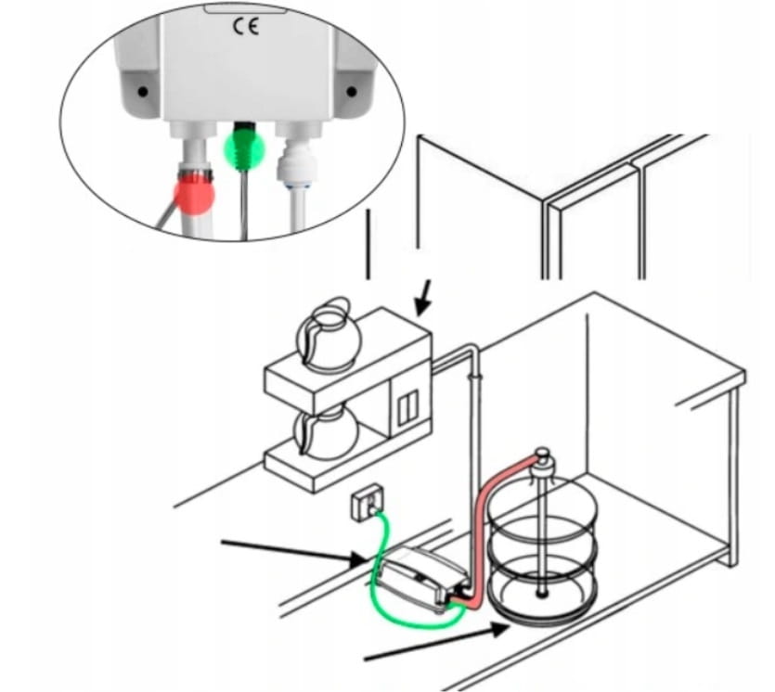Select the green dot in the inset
[x=245, y=147]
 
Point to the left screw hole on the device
[x=142, y=92]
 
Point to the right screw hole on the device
[x=352, y=91]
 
